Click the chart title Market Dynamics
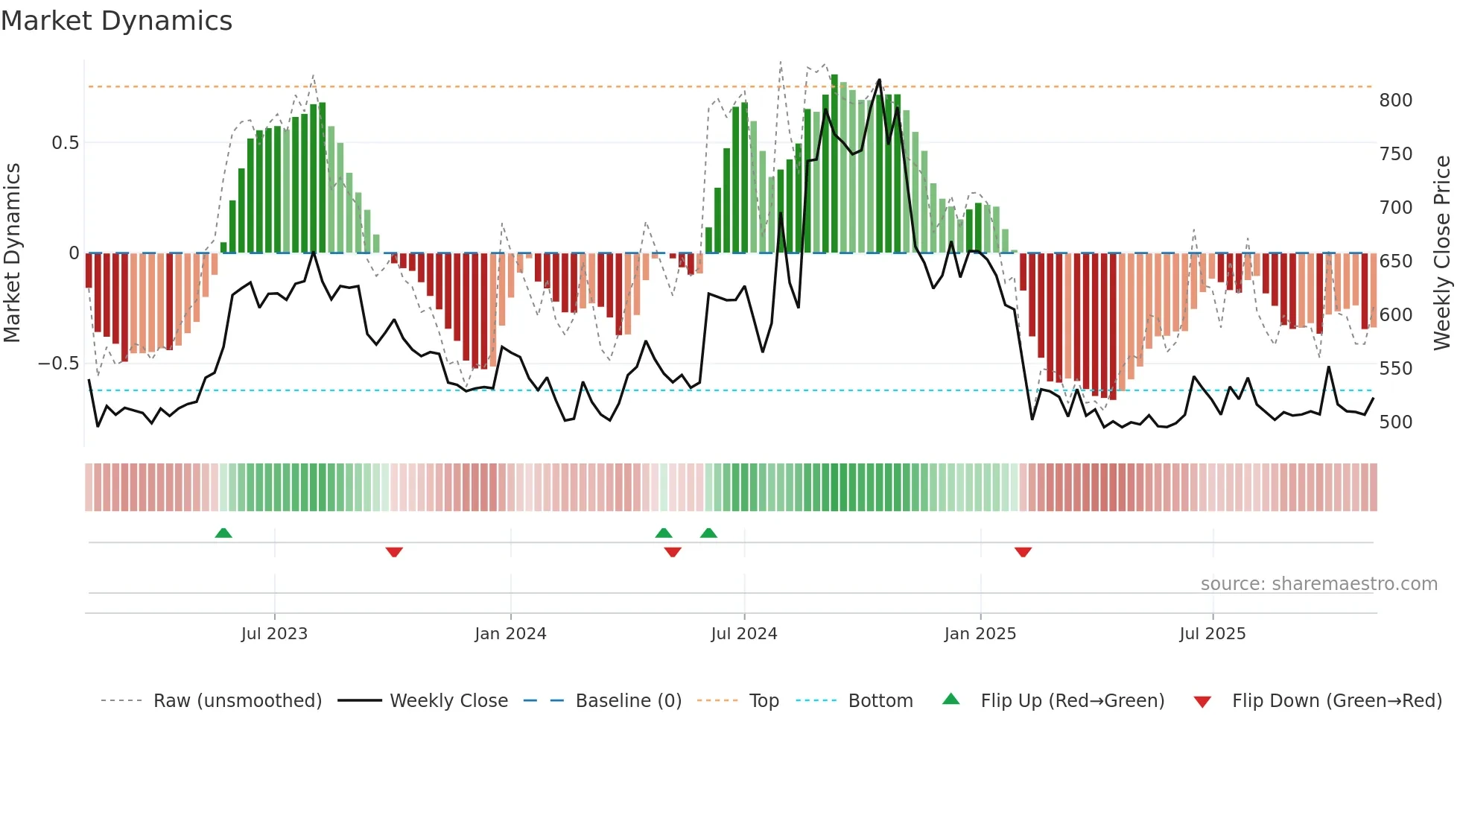(117, 21)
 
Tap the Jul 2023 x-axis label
(274, 634)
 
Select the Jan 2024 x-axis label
(510, 634)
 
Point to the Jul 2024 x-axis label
(743, 634)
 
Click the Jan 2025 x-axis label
(980, 634)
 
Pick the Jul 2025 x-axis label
(1212, 634)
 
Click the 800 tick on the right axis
(1395, 101)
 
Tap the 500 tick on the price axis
(1395, 422)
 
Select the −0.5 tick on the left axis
(58, 364)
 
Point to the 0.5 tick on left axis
(65, 143)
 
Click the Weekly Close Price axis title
(1442, 253)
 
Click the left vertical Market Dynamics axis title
(12, 253)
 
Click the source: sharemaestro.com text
(1318, 584)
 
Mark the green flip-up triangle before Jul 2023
(223, 533)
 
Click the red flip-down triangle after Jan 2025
(1023, 552)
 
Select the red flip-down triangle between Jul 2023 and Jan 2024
(394, 552)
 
